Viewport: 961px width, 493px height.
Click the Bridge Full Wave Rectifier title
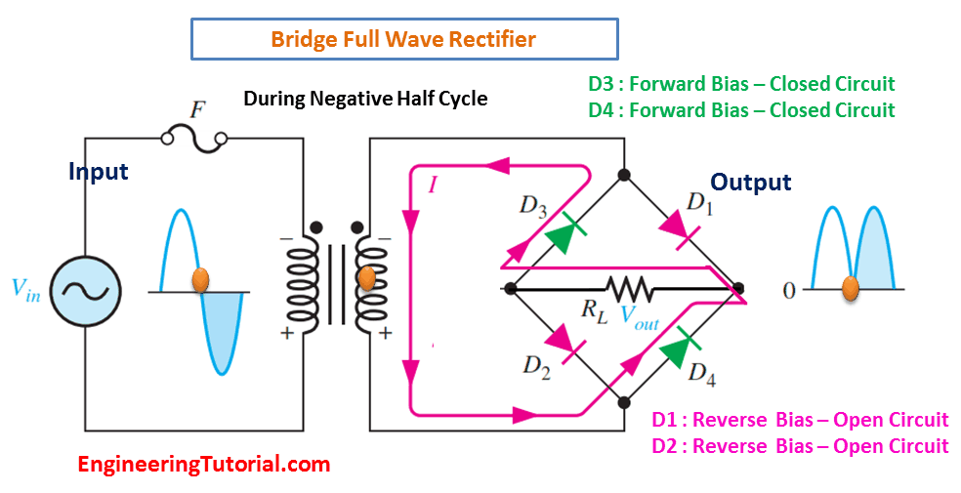403,39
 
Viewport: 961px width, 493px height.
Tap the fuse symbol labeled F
194,140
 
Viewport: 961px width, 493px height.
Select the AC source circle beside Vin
85,290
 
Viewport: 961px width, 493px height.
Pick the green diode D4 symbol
679,346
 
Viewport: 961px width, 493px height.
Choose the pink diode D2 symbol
567,343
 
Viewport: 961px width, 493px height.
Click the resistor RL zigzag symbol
629,288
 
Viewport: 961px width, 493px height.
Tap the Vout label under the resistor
640,316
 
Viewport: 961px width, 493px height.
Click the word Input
99,172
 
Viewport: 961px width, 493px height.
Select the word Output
751,183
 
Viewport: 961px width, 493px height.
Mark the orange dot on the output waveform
850,287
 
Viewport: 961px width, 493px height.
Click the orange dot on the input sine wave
200,280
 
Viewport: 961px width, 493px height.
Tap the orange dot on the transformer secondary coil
366,278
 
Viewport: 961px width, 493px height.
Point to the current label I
433,185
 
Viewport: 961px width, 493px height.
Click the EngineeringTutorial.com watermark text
205,465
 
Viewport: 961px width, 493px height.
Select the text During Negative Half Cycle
366,99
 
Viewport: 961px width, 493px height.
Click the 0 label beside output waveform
789,290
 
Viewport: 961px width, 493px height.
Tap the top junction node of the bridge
624,175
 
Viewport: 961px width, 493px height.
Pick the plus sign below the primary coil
286,334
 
